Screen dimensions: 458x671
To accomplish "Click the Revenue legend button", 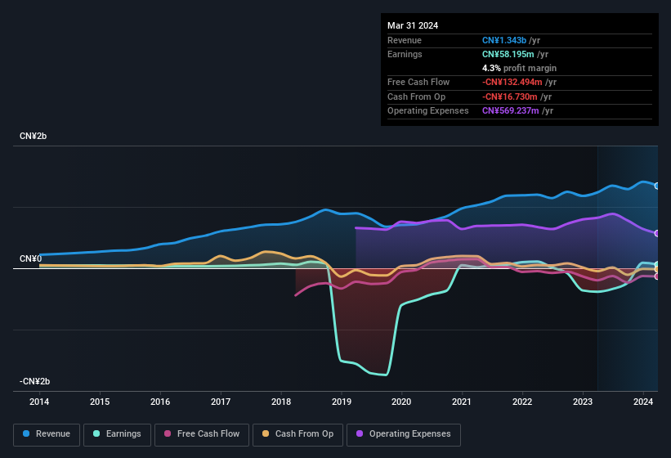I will tap(47, 433).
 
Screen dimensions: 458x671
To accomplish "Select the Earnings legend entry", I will tap(117, 433).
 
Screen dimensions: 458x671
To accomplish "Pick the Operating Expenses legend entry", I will tap(404, 433).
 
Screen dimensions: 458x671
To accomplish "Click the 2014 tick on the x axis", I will tap(39, 402).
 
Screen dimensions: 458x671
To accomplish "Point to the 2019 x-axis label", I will tap(342, 402).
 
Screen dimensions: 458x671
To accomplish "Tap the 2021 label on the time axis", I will tap(462, 402).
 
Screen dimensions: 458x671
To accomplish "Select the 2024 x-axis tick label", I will tap(643, 402).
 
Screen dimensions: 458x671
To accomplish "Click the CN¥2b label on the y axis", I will tap(34, 136).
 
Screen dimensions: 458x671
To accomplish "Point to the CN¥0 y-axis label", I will tap(30, 258).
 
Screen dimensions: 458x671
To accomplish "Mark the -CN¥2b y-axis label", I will tap(35, 381).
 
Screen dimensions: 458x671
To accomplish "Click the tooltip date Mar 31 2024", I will tap(413, 25).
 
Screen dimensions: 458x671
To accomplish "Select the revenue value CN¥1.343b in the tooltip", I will tap(504, 40).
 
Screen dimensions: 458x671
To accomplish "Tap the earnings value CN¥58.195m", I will tap(508, 54).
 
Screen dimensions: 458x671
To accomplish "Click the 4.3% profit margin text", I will tap(519, 68).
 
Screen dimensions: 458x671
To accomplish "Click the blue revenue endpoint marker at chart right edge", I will tap(657, 186).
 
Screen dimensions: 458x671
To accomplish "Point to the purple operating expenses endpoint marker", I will tap(657, 233).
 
